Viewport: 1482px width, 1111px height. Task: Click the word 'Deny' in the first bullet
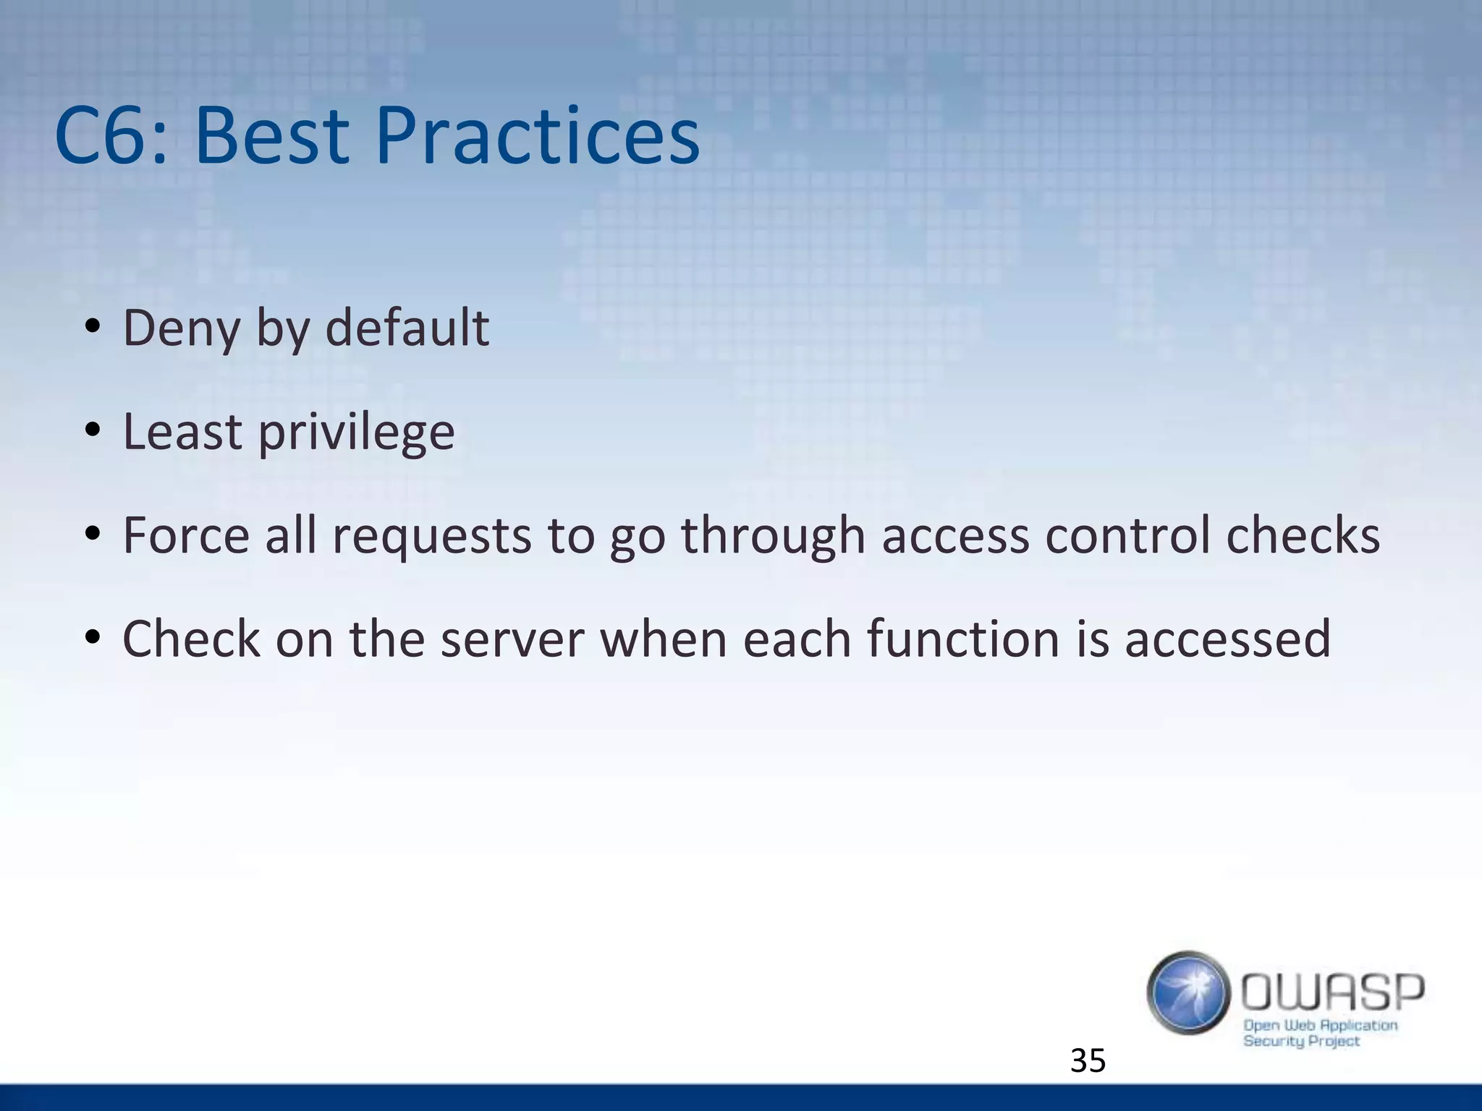(181, 329)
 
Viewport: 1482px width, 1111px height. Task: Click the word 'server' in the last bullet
(512, 640)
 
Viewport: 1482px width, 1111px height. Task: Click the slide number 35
(1088, 1061)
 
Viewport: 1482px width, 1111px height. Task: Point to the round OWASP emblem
(1188, 992)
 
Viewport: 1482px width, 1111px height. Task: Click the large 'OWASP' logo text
(1332, 992)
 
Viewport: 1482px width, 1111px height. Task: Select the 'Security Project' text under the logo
(1301, 1042)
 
